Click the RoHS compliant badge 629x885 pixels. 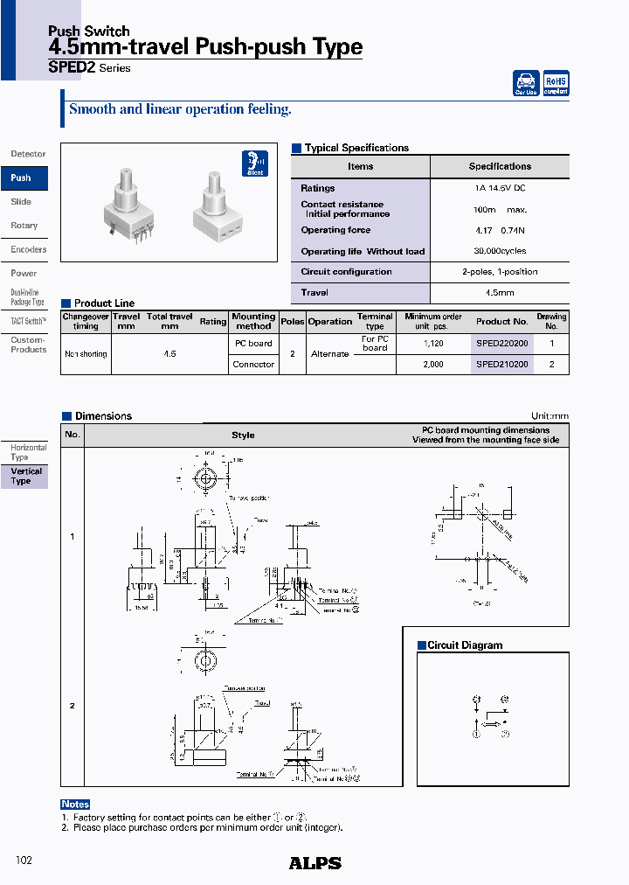point(556,82)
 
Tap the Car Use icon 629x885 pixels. point(526,82)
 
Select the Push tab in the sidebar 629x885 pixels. point(23,178)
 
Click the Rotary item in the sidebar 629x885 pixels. point(24,226)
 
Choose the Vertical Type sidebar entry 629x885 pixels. point(25,477)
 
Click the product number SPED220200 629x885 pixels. point(501,344)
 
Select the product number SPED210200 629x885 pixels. point(501,365)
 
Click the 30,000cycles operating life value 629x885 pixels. point(500,251)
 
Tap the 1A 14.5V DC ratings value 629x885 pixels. point(500,188)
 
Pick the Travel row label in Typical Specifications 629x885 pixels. point(314,293)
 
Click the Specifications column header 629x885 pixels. point(500,166)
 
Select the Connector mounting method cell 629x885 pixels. point(253,365)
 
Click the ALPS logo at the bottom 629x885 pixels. point(314,863)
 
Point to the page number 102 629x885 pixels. point(24,861)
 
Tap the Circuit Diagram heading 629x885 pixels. point(465,645)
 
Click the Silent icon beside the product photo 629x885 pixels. point(254,164)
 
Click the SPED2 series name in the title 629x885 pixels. point(73,68)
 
